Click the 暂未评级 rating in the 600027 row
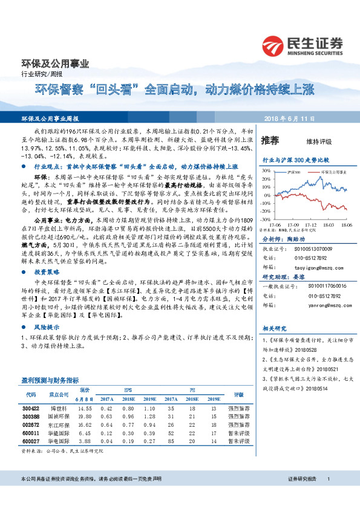tap(234, 442)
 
